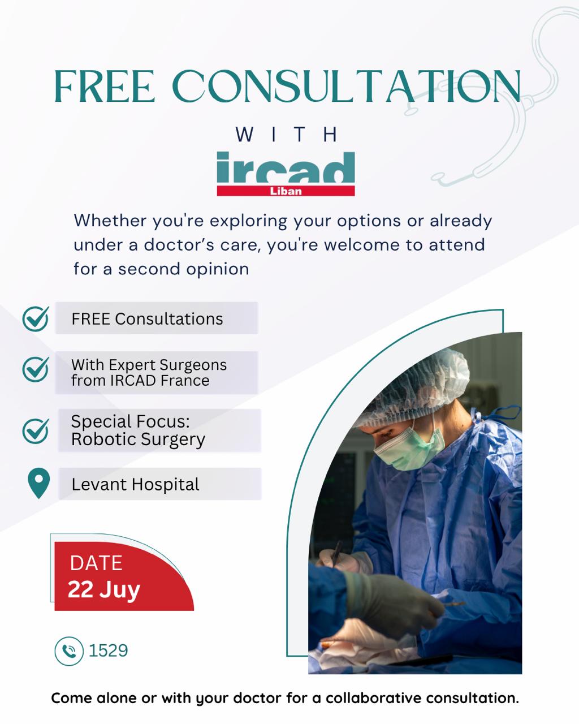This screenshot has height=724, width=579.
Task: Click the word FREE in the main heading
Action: pyautogui.click(x=105, y=86)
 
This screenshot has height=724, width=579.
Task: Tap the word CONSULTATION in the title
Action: pyautogui.click(x=347, y=86)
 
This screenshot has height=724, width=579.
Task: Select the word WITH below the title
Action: pyautogui.click(x=286, y=135)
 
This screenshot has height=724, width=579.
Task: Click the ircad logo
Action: pyautogui.click(x=286, y=174)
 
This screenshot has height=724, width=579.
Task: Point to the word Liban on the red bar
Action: pyautogui.click(x=286, y=191)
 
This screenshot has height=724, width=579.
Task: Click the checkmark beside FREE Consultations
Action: pyautogui.click(x=36, y=318)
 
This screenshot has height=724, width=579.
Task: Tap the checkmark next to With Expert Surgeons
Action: pyautogui.click(x=36, y=369)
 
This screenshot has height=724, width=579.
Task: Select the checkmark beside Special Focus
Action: pyautogui.click(x=36, y=431)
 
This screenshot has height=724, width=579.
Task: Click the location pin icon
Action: pyautogui.click(x=38, y=483)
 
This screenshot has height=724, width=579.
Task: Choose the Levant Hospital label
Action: pyautogui.click(x=135, y=485)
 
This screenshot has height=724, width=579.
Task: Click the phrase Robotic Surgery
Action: pyautogui.click(x=138, y=439)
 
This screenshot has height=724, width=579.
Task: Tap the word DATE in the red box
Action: pyautogui.click(x=96, y=563)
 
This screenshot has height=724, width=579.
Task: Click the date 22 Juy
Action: pyautogui.click(x=103, y=590)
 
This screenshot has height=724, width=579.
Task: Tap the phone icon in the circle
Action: pyautogui.click(x=69, y=651)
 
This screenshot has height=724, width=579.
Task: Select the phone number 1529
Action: pyautogui.click(x=109, y=650)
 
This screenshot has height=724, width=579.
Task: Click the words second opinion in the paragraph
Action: pyautogui.click(x=184, y=269)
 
